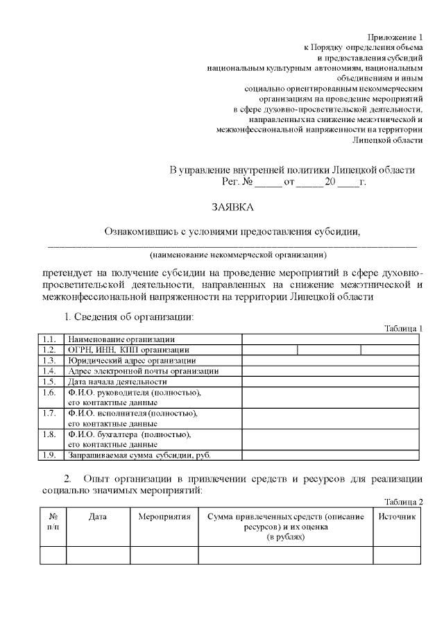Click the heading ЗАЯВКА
[x=233, y=207]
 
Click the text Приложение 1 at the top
[x=395, y=36]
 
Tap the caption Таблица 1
[x=403, y=328]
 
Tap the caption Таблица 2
[x=403, y=502]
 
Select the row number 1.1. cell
[x=49, y=339]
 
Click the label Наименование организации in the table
[x=121, y=339]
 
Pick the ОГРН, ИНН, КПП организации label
[x=128, y=350]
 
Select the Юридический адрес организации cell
[x=132, y=361]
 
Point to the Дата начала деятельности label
[x=117, y=382]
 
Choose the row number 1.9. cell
[x=49, y=456]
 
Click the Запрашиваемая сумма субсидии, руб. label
[x=139, y=456]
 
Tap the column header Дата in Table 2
[x=98, y=517]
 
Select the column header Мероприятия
[x=164, y=517]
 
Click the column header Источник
[x=397, y=517]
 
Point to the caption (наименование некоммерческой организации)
[x=232, y=255]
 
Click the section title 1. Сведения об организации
[x=128, y=317]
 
